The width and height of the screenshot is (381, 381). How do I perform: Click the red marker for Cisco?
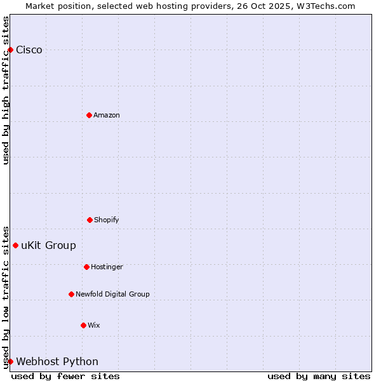10,50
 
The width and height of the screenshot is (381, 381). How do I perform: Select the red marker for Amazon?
89,115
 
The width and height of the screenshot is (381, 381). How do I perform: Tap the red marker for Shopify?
90,220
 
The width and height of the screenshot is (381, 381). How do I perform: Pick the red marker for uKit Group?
15,245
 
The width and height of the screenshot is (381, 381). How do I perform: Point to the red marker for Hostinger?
86,267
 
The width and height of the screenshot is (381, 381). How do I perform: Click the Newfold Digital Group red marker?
71,294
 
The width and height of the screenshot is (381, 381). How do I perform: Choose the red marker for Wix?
83,325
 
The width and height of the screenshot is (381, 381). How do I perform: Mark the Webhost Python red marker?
10,361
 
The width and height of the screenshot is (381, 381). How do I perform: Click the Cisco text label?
29,50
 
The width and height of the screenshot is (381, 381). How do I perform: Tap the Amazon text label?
107,115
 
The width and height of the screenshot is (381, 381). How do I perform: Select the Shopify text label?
107,220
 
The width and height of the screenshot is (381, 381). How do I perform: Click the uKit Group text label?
48,246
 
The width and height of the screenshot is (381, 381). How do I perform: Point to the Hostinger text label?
107,267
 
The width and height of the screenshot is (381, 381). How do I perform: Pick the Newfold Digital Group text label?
112,294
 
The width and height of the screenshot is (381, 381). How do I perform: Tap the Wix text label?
94,325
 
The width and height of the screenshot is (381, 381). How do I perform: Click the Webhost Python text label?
57,362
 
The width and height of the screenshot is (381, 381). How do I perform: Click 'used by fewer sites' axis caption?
65,376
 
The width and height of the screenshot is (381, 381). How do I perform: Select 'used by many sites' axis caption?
319,376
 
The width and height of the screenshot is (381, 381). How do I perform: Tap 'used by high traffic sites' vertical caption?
6,90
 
